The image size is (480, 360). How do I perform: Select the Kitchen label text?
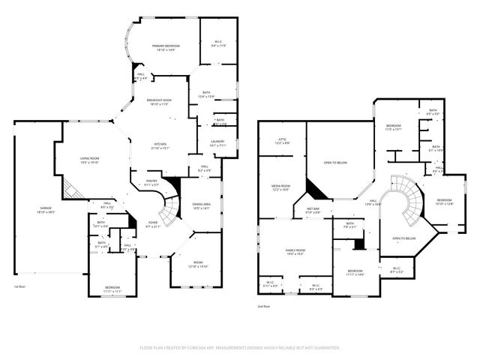coord(160,145)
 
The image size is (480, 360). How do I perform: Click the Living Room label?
coord(91,159)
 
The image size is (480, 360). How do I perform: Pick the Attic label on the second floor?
coord(283,140)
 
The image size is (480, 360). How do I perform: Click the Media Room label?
coord(280,188)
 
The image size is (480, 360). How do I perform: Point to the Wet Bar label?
coord(313,211)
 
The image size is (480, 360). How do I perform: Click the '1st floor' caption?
coord(21,286)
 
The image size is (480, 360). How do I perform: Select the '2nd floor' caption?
coord(263,306)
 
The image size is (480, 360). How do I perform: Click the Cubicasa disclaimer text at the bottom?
coord(240,348)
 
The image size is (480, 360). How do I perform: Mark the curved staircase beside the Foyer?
coord(172,208)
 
